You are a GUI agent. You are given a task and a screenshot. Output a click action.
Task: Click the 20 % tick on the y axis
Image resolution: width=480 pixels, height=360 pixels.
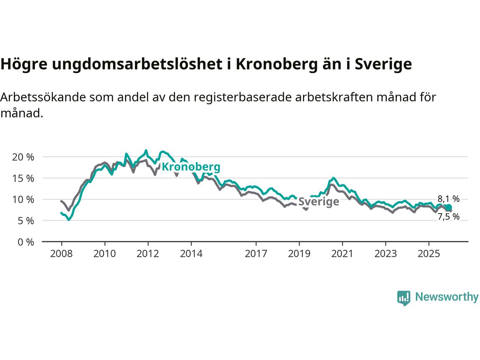pyautogui.click(x=23, y=157)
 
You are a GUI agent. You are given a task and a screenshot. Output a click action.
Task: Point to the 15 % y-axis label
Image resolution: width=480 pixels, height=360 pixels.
pyautogui.click(x=23, y=178)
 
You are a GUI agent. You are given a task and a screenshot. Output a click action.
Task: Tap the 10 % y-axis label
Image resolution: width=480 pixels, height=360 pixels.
pyautogui.click(x=23, y=199)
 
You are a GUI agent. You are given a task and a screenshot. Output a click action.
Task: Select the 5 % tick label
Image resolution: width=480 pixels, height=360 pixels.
pyautogui.click(x=25, y=221)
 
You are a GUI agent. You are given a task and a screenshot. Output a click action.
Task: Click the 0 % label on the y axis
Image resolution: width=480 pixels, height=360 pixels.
pyautogui.click(x=25, y=242)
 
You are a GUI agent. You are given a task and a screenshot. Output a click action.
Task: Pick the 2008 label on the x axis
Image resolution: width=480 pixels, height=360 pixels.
pyautogui.click(x=61, y=254)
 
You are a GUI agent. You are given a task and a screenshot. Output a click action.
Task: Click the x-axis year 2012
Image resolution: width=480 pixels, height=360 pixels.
pyautogui.click(x=148, y=254)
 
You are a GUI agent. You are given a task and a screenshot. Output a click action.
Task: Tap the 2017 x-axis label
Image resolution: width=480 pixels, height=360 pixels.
pyautogui.click(x=256, y=254)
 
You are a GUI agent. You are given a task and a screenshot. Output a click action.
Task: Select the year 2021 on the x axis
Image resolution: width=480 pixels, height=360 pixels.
pyautogui.click(x=342, y=254)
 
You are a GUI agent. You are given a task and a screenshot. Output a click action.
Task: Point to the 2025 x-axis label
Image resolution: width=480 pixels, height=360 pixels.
pyautogui.click(x=429, y=254)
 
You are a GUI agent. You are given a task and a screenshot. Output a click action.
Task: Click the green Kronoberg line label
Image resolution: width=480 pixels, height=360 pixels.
pyautogui.click(x=191, y=167)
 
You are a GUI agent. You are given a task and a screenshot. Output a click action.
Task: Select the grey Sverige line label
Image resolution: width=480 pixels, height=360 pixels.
pyautogui.click(x=319, y=202)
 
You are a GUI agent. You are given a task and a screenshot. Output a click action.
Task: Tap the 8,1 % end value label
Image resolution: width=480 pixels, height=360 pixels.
pyautogui.click(x=448, y=199)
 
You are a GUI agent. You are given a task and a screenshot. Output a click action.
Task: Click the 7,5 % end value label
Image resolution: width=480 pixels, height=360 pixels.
pyautogui.click(x=448, y=216)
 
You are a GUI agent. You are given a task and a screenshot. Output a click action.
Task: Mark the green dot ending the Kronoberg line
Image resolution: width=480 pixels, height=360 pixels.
pyautogui.click(x=448, y=207)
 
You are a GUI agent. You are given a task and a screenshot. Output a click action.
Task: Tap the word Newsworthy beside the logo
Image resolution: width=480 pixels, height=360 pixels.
pyautogui.click(x=447, y=297)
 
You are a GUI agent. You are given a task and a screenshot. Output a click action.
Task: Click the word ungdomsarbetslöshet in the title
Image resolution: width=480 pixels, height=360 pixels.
pyautogui.click(x=138, y=64)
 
